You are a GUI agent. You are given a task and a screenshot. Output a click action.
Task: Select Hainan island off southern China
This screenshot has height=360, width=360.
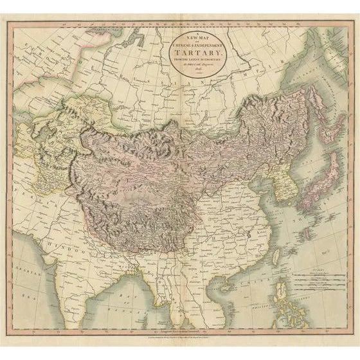pos(228,283)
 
